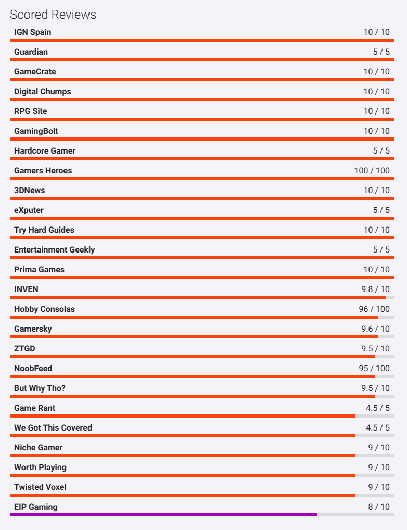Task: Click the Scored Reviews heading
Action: pyautogui.click(x=53, y=15)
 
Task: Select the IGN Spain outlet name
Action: pyautogui.click(x=32, y=32)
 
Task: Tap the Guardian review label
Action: pyautogui.click(x=31, y=52)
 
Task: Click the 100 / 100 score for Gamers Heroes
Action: pyautogui.click(x=372, y=170)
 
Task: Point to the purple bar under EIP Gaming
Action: pyautogui.click(x=163, y=515)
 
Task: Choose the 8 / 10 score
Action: pyautogui.click(x=379, y=507)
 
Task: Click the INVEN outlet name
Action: pyautogui.click(x=26, y=289)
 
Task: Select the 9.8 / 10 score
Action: pyautogui.click(x=376, y=289)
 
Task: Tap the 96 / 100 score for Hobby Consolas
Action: pyautogui.click(x=374, y=309)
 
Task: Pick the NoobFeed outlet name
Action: pyautogui.click(x=33, y=369)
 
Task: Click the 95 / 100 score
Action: pyautogui.click(x=374, y=369)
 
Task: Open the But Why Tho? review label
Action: pyautogui.click(x=40, y=388)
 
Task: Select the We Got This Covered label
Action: pyautogui.click(x=53, y=427)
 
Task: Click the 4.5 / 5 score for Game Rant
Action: pyautogui.click(x=378, y=408)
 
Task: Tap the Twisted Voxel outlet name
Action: pyautogui.click(x=40, y=487)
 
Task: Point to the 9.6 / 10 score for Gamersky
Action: pyautogui.click(x=376, y=329)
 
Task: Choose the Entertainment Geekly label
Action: pyautogui.click(x=55, y=249)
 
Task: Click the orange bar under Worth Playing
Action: pyautogui.click(x=183, y=475)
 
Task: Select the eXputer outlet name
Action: pyautogui.click(x=29, y=210)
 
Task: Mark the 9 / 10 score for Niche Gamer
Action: pyautogui.click(x=379, y=448)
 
